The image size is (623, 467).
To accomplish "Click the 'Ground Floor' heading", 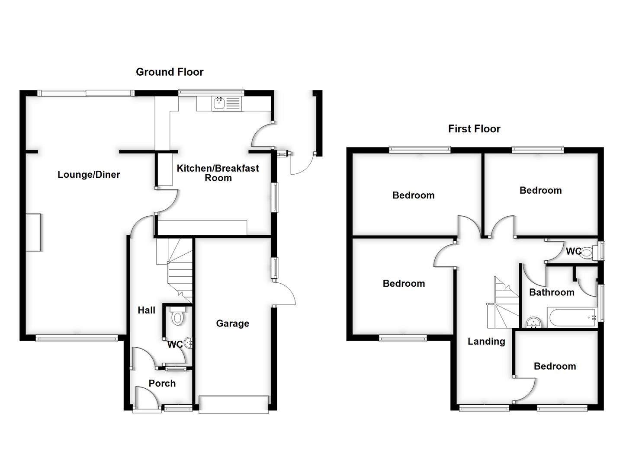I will coord(170,72).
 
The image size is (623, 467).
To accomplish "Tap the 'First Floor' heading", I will coord(474,128).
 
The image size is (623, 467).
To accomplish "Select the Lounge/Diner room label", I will coord(89,175).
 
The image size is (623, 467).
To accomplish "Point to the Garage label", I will coord(232,323).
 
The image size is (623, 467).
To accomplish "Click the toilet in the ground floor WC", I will coord(177,317).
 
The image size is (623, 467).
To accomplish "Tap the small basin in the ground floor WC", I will coord(189,343).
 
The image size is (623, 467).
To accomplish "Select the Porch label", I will coord(162,383).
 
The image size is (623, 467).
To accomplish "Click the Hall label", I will coord(146,310).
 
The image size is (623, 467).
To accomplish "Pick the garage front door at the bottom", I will coord(233,404).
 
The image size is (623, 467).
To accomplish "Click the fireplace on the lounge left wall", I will coord(33,232).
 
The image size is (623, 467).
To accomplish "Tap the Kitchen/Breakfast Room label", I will coord(218,173).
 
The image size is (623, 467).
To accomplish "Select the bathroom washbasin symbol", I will coord(534,322).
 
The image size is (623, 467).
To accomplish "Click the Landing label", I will coord(486,341).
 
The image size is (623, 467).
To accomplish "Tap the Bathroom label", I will coord(552,292).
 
